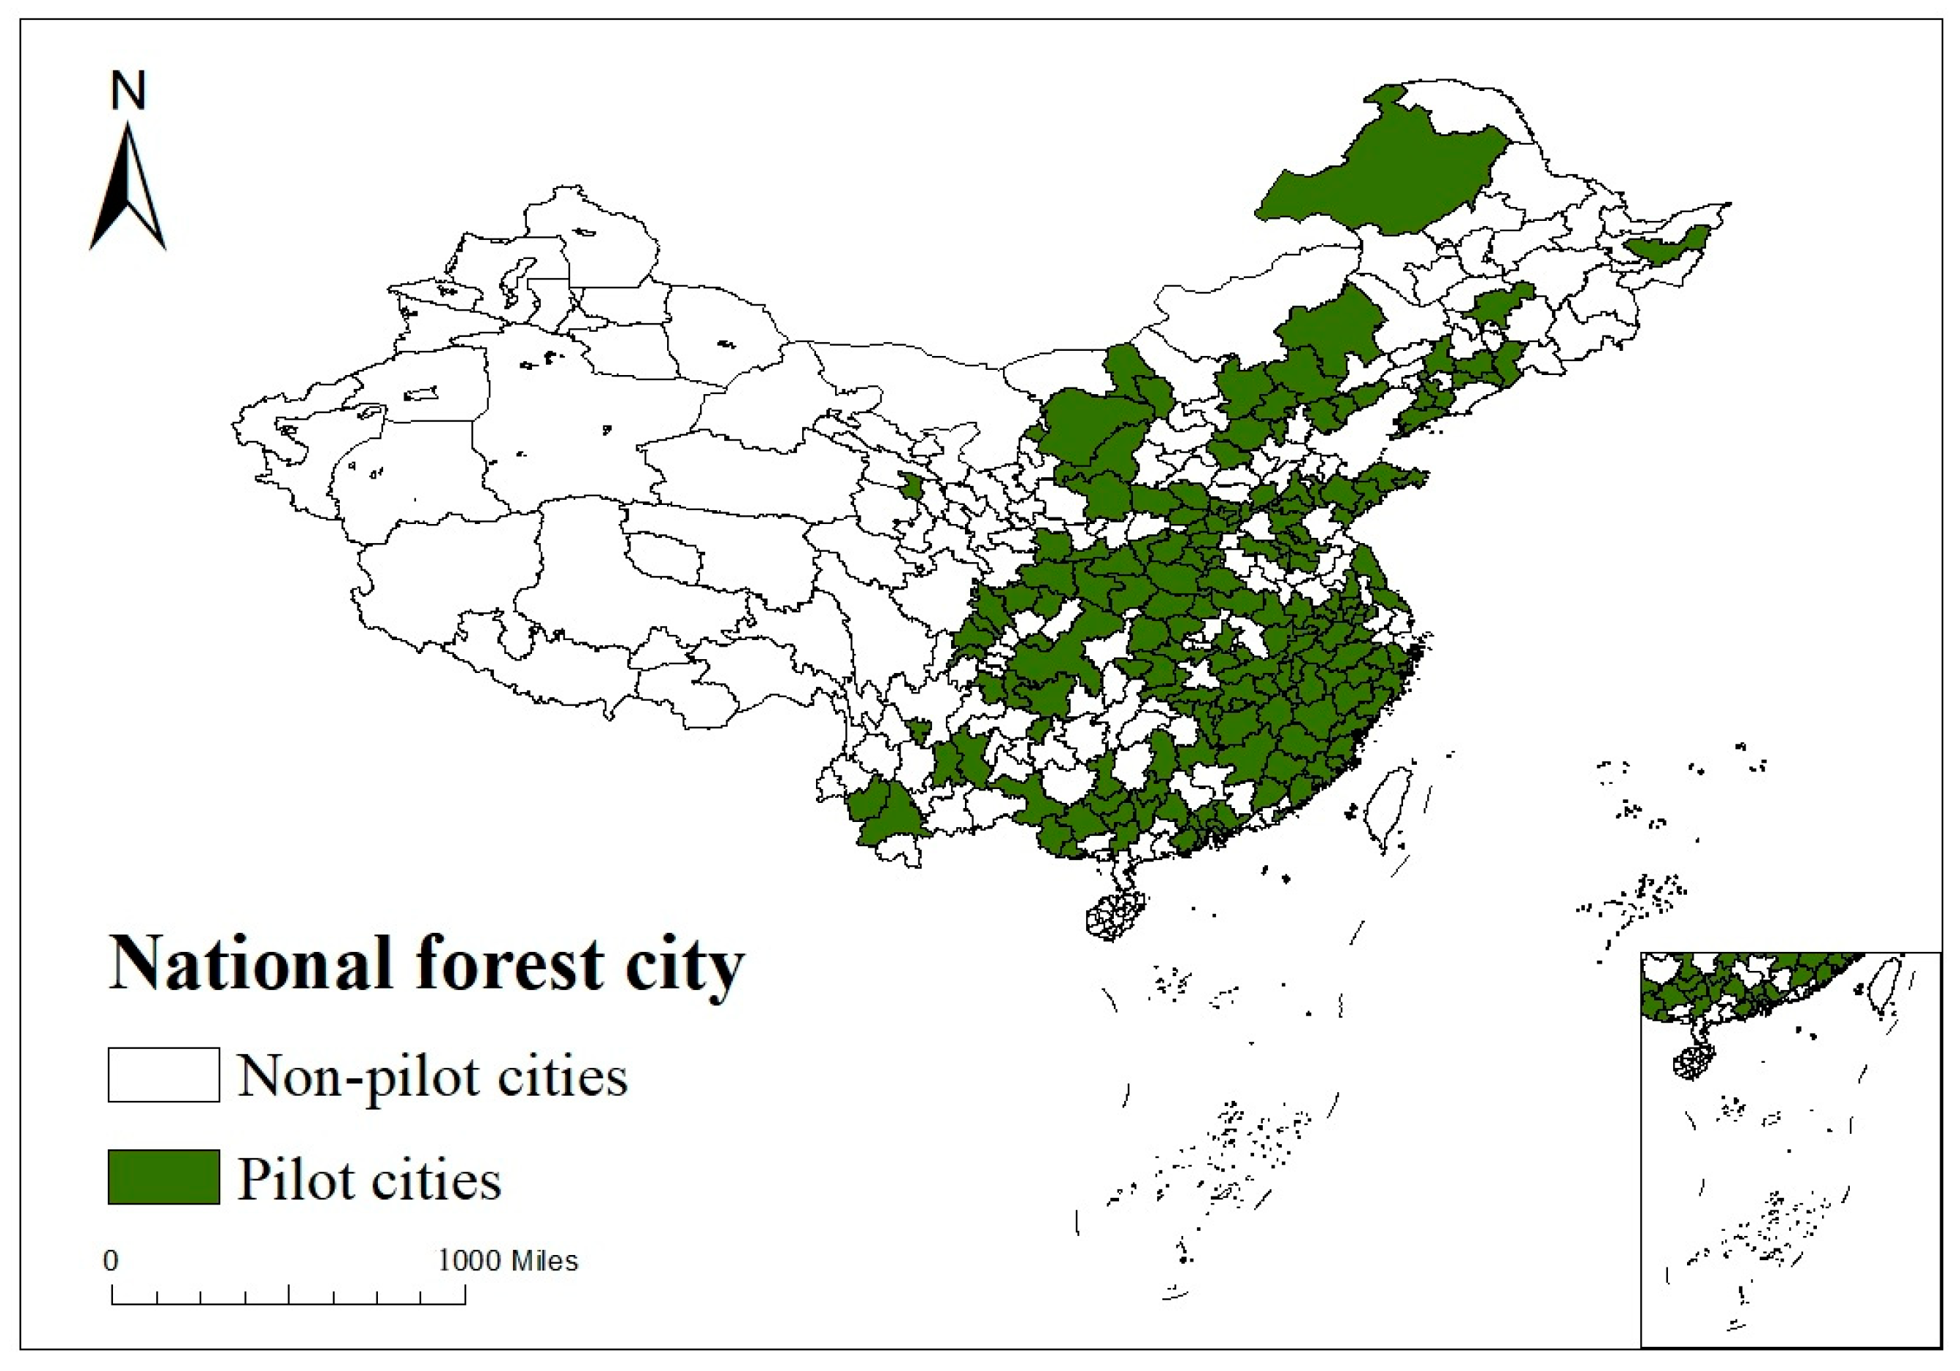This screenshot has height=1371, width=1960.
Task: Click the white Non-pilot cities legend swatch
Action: [x=163, y=1074]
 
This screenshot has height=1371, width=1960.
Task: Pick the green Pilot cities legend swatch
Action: [x=163, y=1177]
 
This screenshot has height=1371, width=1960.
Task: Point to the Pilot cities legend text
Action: [x=369, y=1179]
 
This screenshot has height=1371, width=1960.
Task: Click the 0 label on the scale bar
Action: [x=111, y=1261]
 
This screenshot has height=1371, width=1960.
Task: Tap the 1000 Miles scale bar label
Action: [x=509, y=1261]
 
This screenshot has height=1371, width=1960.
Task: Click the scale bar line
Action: [x=288, y=1303]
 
